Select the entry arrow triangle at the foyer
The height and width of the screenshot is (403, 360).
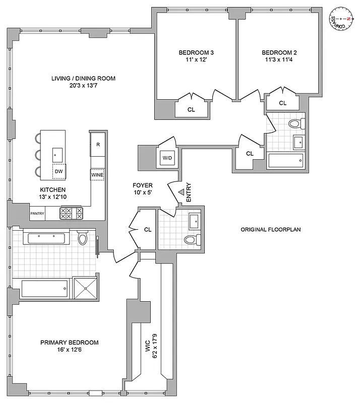click(180, 191)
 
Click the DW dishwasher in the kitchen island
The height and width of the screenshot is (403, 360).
click(59, 171)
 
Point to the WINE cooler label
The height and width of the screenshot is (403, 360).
click(97, 175)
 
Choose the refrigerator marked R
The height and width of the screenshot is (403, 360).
click(97, 144)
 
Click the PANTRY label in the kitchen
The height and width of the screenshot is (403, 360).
click(37, 214)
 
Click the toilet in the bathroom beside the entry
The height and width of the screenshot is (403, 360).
click(191, 240)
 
